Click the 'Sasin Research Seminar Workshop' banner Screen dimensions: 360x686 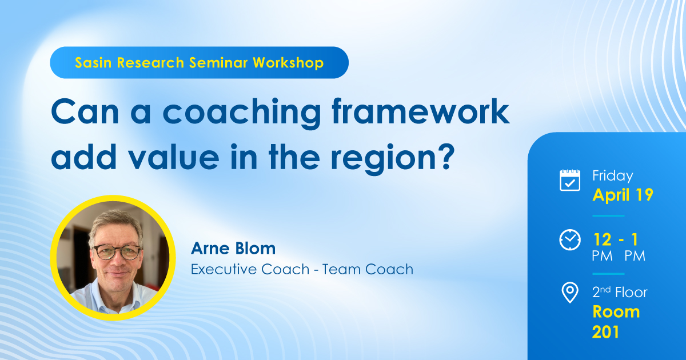coord(199,63)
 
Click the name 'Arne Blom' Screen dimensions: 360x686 coord(233,249)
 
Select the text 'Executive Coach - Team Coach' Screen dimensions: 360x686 coord(302,269)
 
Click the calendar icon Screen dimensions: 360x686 coord(569,180)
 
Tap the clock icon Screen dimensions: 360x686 coord(569,240)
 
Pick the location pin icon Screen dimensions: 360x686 coord(569,293)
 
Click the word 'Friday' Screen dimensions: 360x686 coord(613,175)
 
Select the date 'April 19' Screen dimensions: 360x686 coord(623,195)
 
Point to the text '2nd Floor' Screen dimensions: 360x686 coord(620,293)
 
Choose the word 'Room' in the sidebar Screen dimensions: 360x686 coord(616,311)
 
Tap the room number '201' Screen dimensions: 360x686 coord(606,332)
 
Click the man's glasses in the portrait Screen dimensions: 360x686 coord(117,251)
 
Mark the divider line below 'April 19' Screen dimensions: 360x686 coord(608,216)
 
